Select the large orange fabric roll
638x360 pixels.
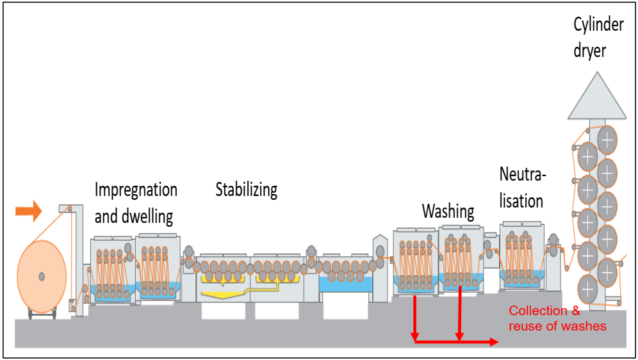click(x=42, y=276)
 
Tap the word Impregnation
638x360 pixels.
click(x=136, y=190)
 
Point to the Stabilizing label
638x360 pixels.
click(x=247, y=190)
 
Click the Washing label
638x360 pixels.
click(x=448, y=211)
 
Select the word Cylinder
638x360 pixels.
click(x=599, y=26)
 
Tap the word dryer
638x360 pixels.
click(x=590, y=51)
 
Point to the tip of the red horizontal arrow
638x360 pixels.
click(x=496, y=342)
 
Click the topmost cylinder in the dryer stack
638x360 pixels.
click(x=607, y=139)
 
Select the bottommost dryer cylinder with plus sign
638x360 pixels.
click(x=588, y=288)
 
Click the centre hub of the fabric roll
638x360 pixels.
click(x=42, y=276)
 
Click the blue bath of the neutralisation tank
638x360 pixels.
click(x=522, y=275)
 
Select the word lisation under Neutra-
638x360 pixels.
click(x=521, y=200)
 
